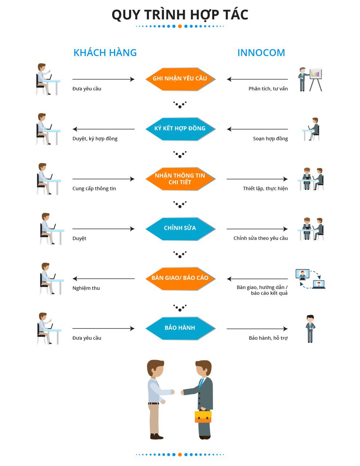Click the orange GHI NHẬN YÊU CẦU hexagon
pos(180,79)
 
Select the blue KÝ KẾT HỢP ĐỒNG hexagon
pos(180,129)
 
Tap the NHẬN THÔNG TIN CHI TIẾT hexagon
pos(180,179)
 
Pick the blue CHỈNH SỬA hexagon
pos(180,229)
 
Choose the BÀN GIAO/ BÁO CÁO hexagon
pos(180,279)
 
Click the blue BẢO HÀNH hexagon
pos(180,328)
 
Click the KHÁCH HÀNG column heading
pos(105,53)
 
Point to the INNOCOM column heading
pos(261,53)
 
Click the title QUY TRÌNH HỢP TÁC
pos(180,15)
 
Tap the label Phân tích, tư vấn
pos(268,88)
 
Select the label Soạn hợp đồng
pos(270,139)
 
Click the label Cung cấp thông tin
pos(94,189)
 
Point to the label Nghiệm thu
pos(86,288)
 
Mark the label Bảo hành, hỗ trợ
pos(268,338)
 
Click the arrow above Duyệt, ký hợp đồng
pos(103,129)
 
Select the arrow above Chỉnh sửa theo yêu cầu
pos(257,229)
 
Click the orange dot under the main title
pos(180,26)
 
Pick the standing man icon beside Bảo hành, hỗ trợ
pos(310,328)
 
